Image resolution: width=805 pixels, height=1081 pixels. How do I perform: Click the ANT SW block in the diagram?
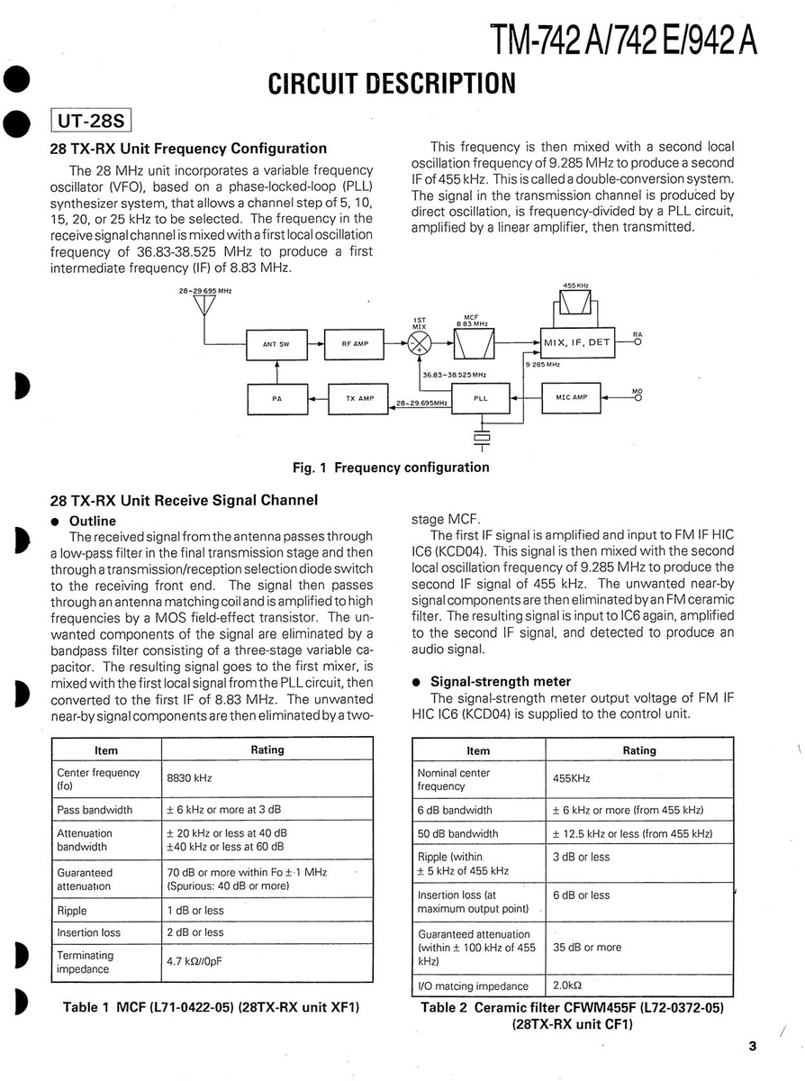click(x=276, y=343)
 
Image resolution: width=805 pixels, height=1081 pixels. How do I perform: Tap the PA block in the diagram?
click(x=276, y=397)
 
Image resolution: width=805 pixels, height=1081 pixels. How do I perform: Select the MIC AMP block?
click(x=570, y=397)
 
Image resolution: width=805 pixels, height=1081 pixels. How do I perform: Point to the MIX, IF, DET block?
click(x=577, y=342)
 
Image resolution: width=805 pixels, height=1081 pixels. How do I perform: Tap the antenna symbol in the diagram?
click(x=205, y=305)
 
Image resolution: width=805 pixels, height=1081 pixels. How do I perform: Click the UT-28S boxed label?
click(x=93, y=121)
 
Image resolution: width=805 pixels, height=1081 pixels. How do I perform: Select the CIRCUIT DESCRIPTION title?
click(x=392, y=84)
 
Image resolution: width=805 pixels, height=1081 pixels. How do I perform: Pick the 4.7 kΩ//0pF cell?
click(x=194, y=961)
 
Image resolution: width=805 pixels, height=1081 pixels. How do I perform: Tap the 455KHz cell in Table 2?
click(x=571, y=779)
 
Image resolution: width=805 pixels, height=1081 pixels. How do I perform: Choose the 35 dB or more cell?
click(x=587, y=947)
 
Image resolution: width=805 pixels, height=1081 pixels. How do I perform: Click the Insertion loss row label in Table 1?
click(x=88, y=932)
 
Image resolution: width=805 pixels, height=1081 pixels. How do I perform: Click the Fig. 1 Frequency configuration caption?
click(x=392, y=467)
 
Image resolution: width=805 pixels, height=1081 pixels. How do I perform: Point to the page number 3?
click(x=752, y=1045)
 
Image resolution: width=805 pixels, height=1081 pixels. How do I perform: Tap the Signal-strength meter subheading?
click(x=501, y=681)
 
